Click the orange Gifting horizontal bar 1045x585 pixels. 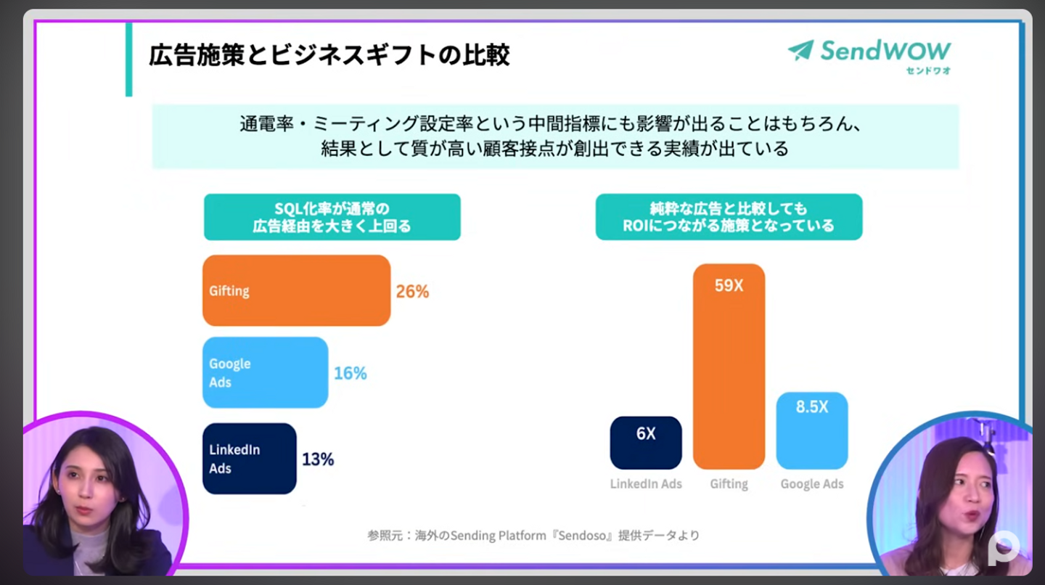(296, 290)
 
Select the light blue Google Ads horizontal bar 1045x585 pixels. (265, 372)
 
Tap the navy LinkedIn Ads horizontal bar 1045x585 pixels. (249, 459)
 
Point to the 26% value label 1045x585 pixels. (412, 292)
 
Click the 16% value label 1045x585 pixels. (350, 374)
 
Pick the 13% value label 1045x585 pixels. (318, 459)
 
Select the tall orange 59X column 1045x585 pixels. (729, 367)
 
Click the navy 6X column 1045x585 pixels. (646, 443)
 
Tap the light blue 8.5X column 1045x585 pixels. (811, 431)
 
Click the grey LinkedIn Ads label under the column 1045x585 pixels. (646, 484)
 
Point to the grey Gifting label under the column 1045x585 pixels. (729, 484)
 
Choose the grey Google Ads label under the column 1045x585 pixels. (812, 484)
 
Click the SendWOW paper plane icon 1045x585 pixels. (800, 50)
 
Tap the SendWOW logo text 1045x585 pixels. (885, 51)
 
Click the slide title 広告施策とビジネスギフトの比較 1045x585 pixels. (329, 55)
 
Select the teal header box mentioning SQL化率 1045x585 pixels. (332, 217)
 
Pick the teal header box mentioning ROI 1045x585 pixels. (729, 217)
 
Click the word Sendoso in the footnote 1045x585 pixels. (590, 536)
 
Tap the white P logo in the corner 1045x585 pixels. (1004, 548)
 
